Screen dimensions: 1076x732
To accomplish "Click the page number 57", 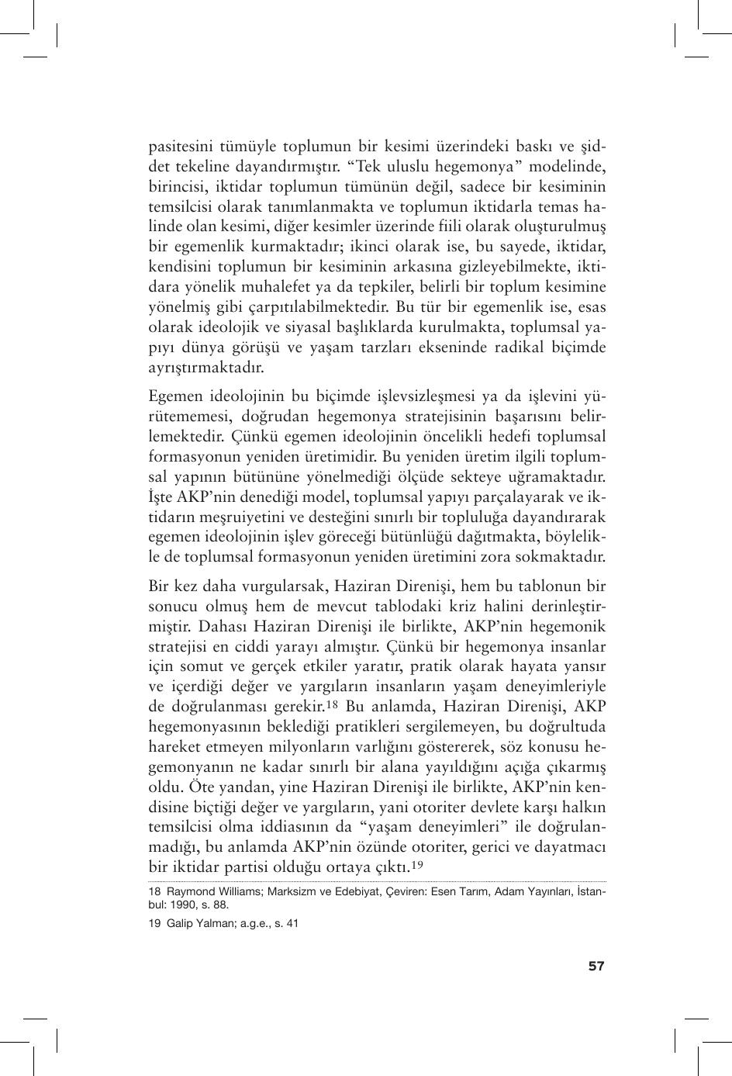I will tap(596, 966).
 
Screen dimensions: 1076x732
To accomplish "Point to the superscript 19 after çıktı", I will tap(416, 865).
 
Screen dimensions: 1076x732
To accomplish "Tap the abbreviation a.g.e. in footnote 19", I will tap(243, 923).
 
